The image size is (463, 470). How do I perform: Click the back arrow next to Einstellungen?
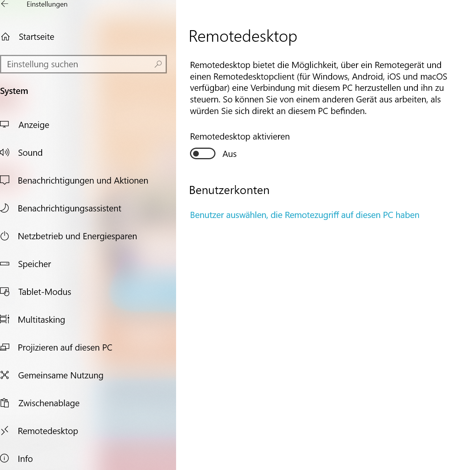coord(5,4)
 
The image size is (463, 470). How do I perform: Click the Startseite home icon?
coord(5,37)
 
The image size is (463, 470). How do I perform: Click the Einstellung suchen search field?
coord(77,64)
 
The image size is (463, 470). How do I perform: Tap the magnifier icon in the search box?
coord(158,64)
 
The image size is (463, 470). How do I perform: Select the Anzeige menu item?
coord(34,125)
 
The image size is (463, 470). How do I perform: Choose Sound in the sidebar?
coord(30,153)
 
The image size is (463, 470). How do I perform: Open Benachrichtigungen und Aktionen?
coord(83,181)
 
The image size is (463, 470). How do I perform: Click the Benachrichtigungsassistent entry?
coord(70,208)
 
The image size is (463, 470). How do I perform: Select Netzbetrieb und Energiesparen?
coord(77,236)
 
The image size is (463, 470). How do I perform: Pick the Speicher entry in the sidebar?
coord(34,264)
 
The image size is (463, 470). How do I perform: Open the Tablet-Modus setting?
coord(44,292)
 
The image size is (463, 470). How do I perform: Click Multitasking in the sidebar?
coord(41,320)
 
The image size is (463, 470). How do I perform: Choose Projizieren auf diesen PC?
coord(65,347)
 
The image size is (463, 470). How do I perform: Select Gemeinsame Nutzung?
coord(61,375)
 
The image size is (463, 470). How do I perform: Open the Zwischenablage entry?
coord(49,403)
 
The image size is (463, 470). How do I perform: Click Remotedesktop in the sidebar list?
coord(48,431)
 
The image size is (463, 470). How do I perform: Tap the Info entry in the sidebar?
coord(25,459)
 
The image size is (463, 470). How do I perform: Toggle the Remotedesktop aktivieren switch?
coord(202,154)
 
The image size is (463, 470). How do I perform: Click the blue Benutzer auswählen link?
coord(304,215)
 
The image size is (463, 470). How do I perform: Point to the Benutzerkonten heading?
coord(229,190)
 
